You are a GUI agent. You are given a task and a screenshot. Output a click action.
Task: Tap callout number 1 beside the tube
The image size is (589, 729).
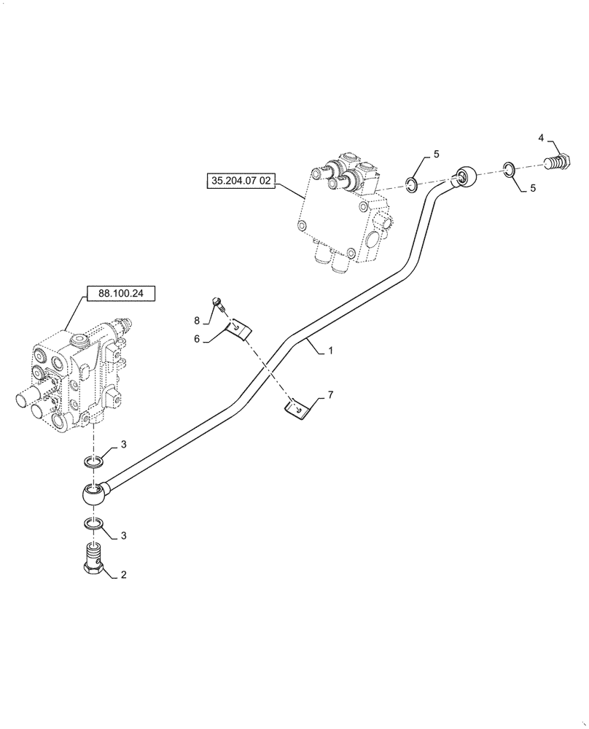tap(330, 351)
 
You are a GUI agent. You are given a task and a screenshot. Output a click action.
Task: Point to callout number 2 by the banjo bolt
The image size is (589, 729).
tap(123, 574)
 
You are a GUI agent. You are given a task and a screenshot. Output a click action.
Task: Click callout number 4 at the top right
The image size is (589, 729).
tap(541, 137)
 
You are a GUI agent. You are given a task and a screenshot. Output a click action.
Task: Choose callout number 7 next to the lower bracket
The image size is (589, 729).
tap(330, 394)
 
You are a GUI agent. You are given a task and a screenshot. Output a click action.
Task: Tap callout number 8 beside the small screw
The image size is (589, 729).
tap(196, 320)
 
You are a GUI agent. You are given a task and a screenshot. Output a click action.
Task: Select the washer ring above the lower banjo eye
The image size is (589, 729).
tap(93, 461)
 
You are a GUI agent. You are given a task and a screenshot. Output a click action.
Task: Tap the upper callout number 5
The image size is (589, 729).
tap(436, 154)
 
